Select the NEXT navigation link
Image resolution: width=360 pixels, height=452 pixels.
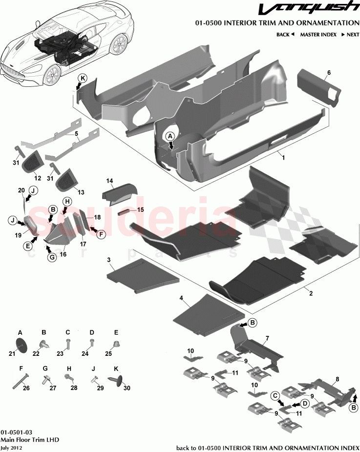(350, 35)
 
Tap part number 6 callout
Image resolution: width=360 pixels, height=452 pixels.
(329, 73)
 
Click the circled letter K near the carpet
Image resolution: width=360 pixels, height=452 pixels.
(83, 78)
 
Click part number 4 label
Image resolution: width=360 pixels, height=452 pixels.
(181, 297)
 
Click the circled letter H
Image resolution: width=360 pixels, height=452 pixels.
(67, 202)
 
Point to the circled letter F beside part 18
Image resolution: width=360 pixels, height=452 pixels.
(101, 234)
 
